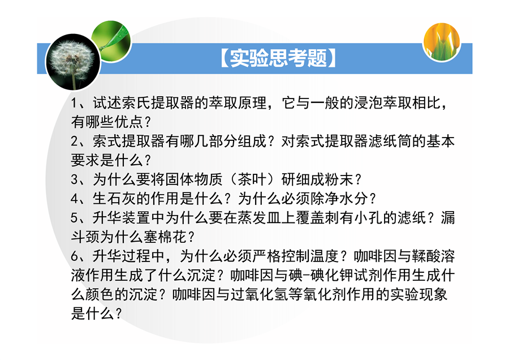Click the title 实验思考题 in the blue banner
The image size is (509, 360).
pyautogui.click(x=278, y=58)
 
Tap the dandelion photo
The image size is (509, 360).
pyautogui.click(x=73, y=62)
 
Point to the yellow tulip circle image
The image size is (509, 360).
pyautogui.click(x=442, y=41)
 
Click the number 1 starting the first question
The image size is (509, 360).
pyautogui.click(x=74, y=104)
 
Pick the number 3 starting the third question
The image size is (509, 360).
pyautogui.click(x=74, y=179)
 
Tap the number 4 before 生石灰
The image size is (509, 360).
pyautogui.click(x=74, y=199)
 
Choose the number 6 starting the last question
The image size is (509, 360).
pyautogui.click(x=74, y=256)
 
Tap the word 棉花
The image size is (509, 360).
pyautogui.click(x=172, y=237)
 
